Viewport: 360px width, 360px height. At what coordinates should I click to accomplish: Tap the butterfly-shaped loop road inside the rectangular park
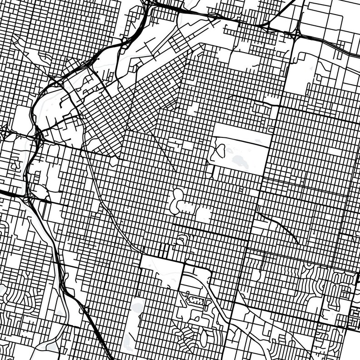pyautogui.click(x=220, y=150)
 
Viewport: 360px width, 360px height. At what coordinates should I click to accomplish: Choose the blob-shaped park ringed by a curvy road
pyautogui.click(x=178, y=199)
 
